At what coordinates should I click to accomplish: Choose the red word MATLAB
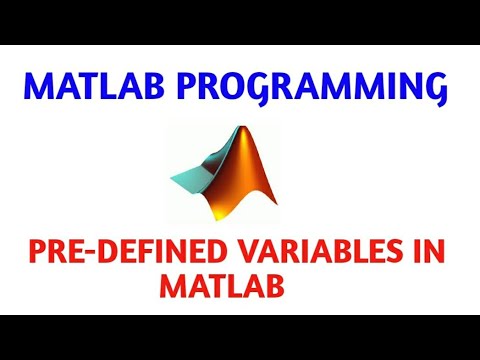coord(221,288)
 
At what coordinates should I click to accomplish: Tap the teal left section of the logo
coord(191,178)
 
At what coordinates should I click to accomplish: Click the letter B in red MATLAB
coord(270,288)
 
